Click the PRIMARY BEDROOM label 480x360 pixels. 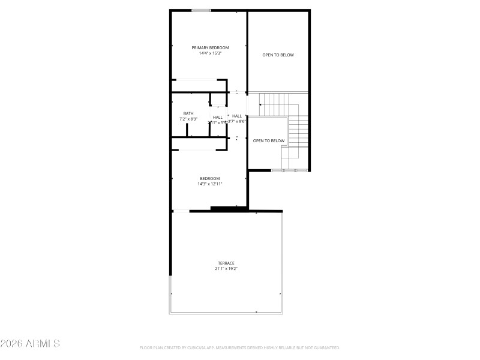click(210, 47)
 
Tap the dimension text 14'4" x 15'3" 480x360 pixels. click(210, 53)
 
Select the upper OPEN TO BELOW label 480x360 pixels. click(278, 55)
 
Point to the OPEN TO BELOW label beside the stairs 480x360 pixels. click(268, 141)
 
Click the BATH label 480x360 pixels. click(188, 113)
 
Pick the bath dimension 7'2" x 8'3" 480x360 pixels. click(188, 119)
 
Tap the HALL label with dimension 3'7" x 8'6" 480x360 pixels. click(237, 116)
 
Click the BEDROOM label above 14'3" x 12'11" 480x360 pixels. click(210, 178)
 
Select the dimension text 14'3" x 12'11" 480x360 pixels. click(210, 184)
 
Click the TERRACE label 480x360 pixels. click(226, 263)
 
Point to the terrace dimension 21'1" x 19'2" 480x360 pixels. click(226, 269)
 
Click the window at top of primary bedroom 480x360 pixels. click(201, 10)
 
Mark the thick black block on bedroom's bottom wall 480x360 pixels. click(229, 208)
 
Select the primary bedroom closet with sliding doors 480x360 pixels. click(198, 86)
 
